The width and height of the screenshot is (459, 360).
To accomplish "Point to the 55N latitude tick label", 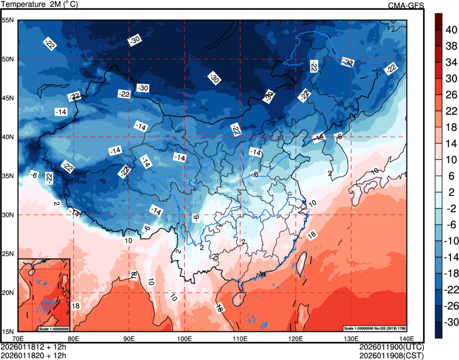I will point(8,20).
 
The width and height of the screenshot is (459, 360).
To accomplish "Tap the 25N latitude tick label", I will point(8,254).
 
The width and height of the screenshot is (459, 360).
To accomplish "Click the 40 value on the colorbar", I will point(450,30).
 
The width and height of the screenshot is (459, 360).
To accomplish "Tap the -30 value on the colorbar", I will point(452,322).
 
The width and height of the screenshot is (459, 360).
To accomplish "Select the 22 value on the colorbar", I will point(450,111).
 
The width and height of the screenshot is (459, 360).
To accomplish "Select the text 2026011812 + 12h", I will point(33,346).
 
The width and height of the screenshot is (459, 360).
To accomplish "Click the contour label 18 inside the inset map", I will point(75,305).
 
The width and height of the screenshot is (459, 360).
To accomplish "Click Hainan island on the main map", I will point(240,294).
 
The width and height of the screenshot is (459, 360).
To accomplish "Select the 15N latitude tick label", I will point(8,331).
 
